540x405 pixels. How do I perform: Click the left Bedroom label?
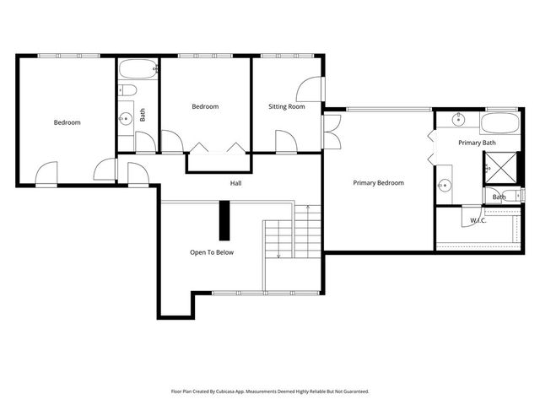(67, 123)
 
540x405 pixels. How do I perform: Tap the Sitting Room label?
(287, 107)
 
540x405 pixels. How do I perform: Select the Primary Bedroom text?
(378, 183)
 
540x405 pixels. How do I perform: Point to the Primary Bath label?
(477, 143)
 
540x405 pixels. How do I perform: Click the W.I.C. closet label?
(478, 221)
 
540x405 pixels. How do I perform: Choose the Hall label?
(236, 183)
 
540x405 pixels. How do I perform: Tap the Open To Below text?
(211, 252)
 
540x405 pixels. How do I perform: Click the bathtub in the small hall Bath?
(137, 68)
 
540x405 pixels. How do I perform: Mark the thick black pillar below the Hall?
(224, 221)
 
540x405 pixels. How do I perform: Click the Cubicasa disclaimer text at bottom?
(270, 391)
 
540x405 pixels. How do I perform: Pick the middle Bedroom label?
(205, 106)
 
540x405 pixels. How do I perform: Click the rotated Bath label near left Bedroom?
(143, 114)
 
